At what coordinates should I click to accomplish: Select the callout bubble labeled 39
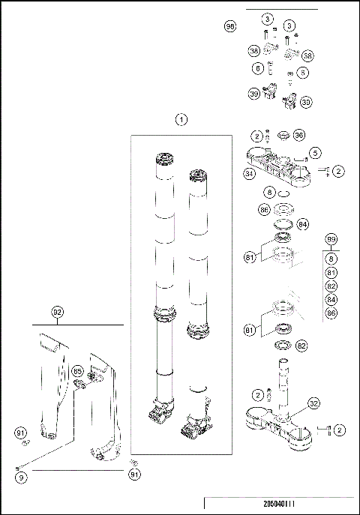point(254,94)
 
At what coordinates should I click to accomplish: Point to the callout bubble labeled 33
point(306,101)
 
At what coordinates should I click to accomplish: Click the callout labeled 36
point(299,136)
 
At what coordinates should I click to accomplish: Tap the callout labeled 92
point(58,311)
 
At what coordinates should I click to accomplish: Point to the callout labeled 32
point(314,403)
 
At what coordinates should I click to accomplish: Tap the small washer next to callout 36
point(283,136)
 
